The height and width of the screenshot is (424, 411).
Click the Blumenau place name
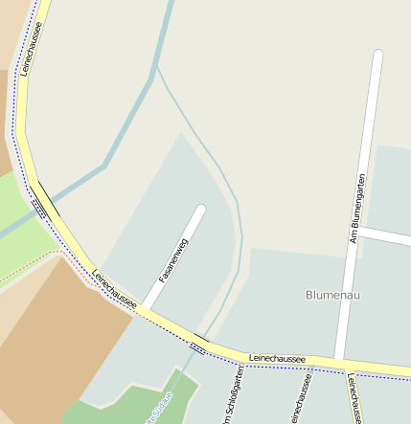(333, 294)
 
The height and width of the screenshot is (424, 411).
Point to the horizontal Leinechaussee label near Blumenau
(277, 358)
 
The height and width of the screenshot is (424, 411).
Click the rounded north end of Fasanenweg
(200, 210)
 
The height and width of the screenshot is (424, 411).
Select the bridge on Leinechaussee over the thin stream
(200, 341)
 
